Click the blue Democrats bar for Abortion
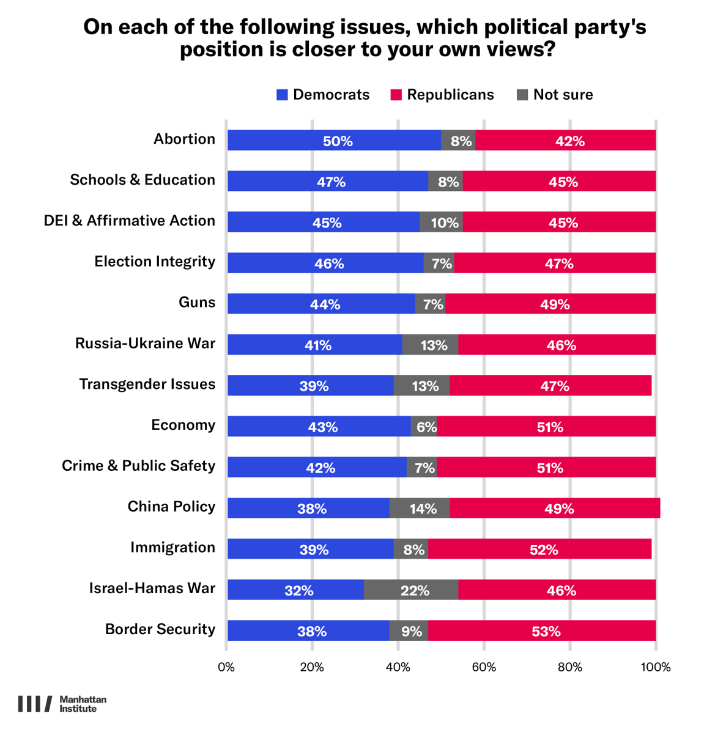coord(334,141)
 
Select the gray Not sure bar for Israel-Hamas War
coord(411,590)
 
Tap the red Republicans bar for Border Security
coord(541,631)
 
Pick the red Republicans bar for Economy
coord(546,427)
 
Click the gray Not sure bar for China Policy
coord(420,508)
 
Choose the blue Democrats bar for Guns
coord(321,304)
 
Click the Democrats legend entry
coord(323,95)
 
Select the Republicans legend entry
coord(442,95)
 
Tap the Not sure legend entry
coord(555,95)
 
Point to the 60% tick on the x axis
coord(484,667)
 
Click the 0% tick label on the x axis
coord(226,667)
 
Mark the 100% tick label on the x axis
coord(656,667)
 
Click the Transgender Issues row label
coord(147,384)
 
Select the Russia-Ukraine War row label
coord(145,343)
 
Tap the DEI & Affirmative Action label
coord(130,221)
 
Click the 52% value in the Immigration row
coord(544,550)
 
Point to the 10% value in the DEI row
coord(445,223)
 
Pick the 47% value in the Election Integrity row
coord(559,264)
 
